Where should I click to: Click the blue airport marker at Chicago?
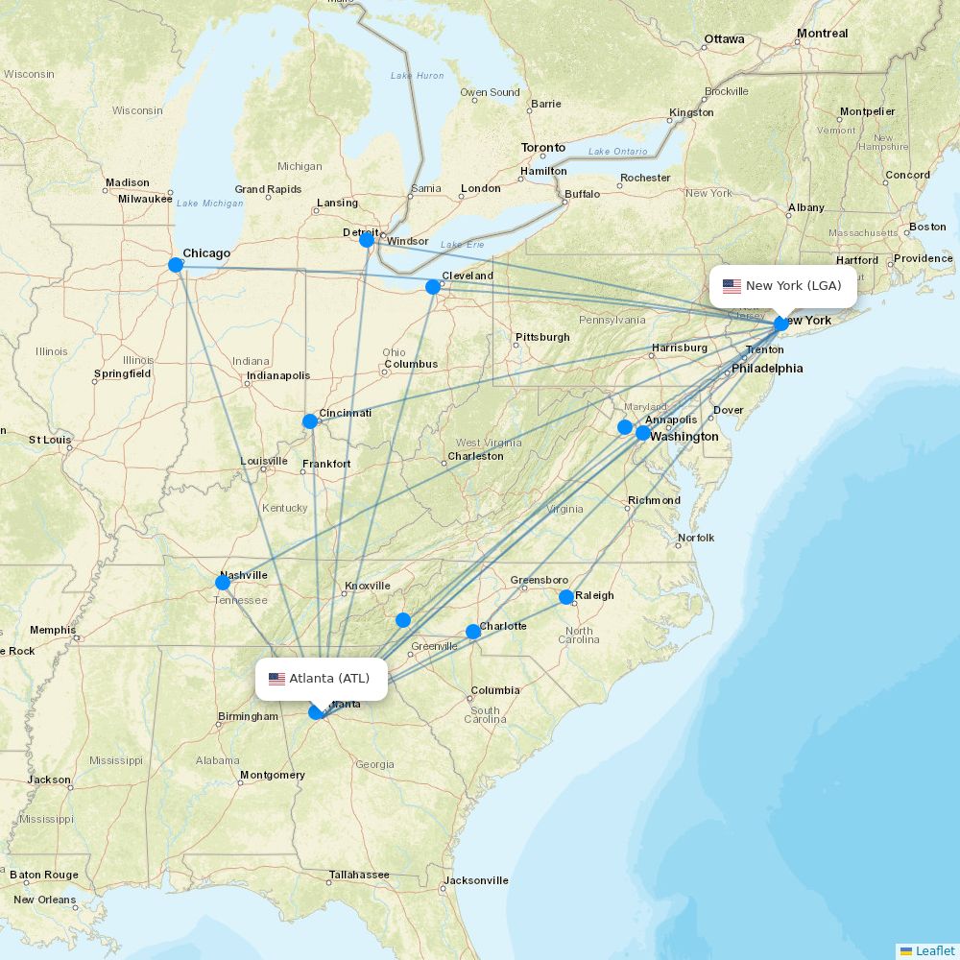(176, 265)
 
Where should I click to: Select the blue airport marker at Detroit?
(367, 240)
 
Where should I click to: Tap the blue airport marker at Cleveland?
(433, 287)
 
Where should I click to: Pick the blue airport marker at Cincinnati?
(310, 421)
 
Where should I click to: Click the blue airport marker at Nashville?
(223, 583)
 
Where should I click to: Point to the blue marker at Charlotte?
(473, 632)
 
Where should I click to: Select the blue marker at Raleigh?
(566, 597)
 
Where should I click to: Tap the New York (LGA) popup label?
(782, 286)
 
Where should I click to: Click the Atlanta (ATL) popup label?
(322, 679)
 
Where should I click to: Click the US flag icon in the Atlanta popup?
(276, 679)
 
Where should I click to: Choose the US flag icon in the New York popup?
(732, 286)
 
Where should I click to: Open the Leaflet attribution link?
(934, 950)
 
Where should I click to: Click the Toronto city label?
(543, 148)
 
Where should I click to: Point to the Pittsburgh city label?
(542, 337)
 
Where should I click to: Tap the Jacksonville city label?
(476, 880)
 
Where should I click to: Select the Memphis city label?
(53, 631)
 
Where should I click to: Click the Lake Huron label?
(417, 76)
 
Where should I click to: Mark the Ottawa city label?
(724, 39)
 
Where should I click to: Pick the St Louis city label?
(50, 440)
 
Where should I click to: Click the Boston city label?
(927, 227)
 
